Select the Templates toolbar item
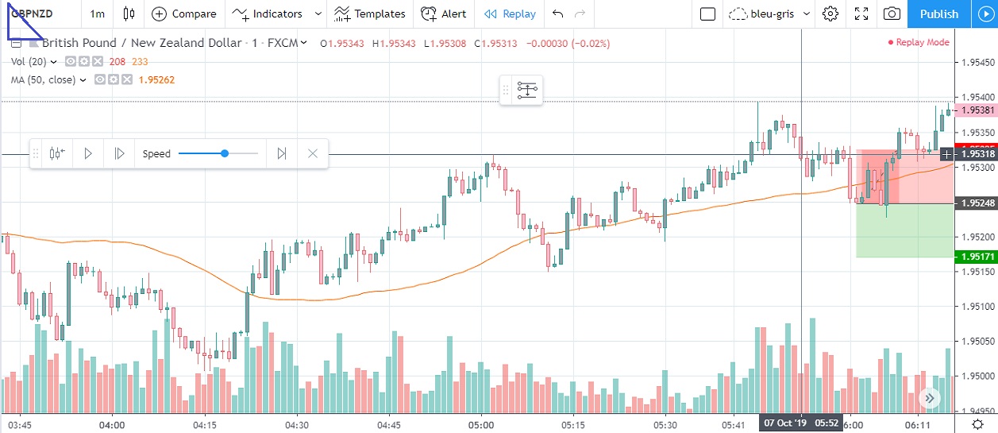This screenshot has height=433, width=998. click(x=370, y=14)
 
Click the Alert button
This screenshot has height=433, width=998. click(x=444, y=14)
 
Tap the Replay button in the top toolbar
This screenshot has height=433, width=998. click(x=510, y=14)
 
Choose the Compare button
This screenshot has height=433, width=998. click(x=184, y=14)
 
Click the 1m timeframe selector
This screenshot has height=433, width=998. click(x=98, y=14)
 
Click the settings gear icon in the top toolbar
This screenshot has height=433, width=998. click(x=830, y=14)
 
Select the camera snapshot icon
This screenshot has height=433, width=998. click(x=892, y=14)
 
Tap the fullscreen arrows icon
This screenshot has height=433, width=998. click(x=861, y=14)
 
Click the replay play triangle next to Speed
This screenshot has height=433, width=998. click(x=88, y=153)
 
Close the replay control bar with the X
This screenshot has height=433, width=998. click(x=313, y=153)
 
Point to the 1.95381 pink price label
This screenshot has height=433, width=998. click(x=976, y=111)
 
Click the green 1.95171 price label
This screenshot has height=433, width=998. click(x=976, y=257)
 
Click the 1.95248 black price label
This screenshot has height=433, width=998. click(x=976, y=203)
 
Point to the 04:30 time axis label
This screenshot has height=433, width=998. click(x=297, y=425)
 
